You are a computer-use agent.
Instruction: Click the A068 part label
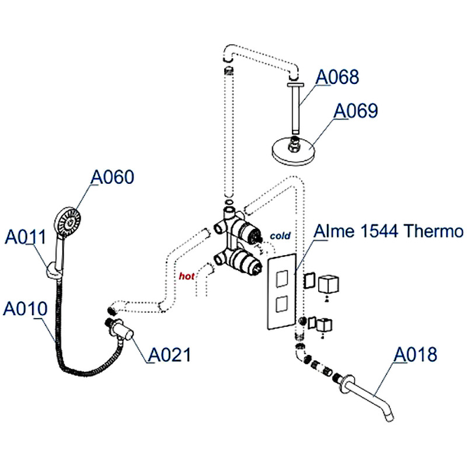339,77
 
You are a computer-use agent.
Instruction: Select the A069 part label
355,111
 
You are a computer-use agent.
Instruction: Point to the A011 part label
26,236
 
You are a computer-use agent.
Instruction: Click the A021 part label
169,354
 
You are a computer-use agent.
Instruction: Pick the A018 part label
416,354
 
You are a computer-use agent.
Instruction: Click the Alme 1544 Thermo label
388,232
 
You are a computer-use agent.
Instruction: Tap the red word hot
186,276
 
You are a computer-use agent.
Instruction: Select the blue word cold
280,236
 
